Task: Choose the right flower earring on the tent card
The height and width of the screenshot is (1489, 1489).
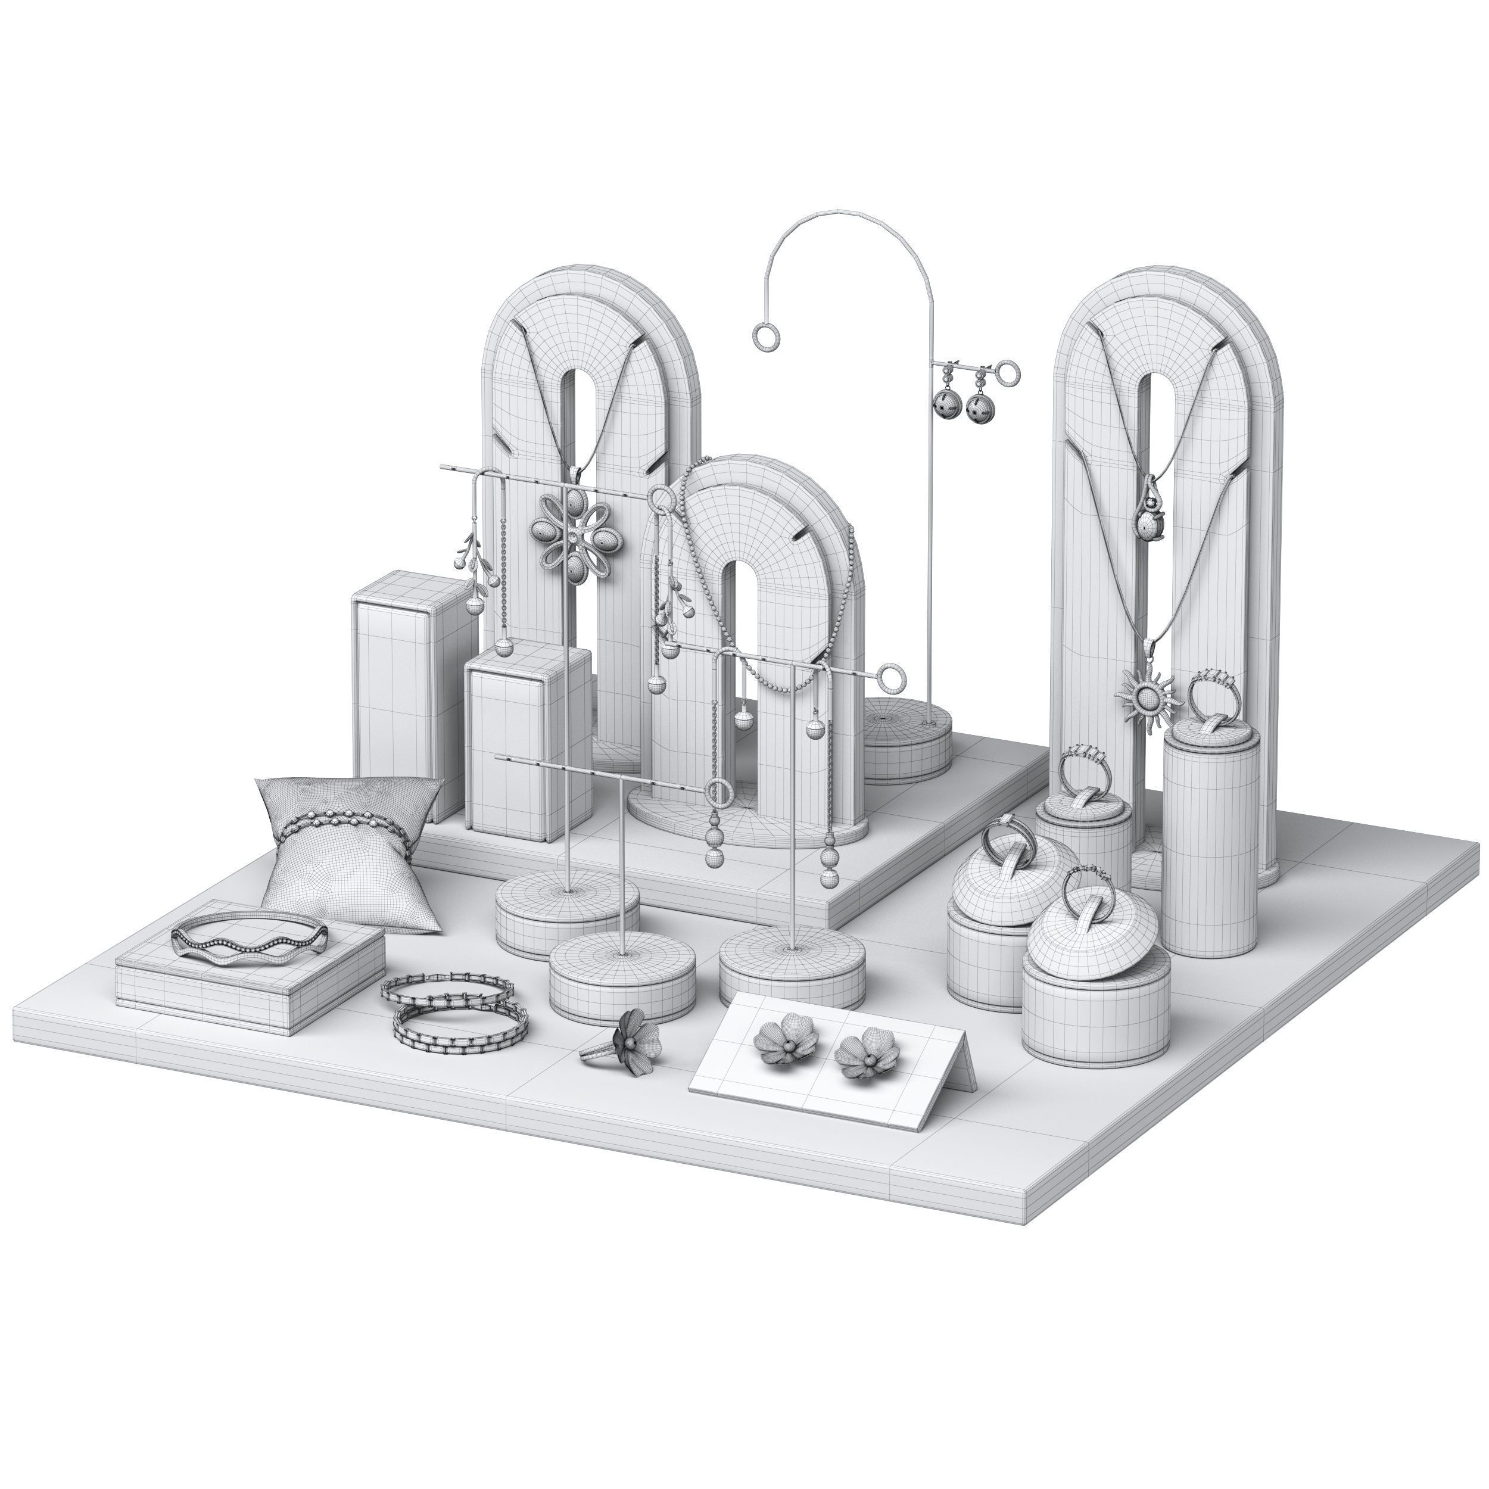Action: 862,1053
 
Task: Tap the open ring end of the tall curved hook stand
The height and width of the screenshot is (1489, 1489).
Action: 767,337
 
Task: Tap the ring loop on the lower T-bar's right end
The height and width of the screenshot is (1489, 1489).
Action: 892,678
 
